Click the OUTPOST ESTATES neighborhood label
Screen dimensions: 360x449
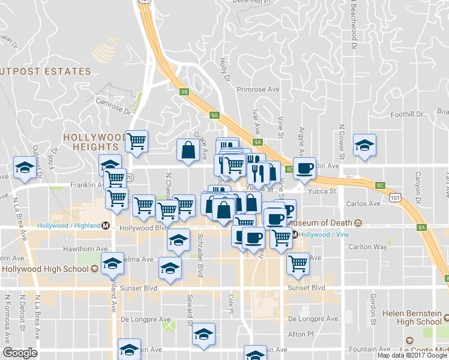click(46, 71)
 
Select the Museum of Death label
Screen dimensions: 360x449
click(323, 223)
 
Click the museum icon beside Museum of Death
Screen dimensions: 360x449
click(358, 223)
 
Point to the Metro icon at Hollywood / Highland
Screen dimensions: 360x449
click(106, 226)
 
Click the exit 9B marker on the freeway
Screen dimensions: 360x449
click(184, 92)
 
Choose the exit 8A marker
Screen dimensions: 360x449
click(421, 227)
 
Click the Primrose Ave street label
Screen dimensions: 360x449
click(258, 89)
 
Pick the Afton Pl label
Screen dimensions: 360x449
click(301, 334)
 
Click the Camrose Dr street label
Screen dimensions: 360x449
click(113, 106)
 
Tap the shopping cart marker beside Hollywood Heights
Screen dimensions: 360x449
click(137, 142)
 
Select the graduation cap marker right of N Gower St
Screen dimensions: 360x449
click(364, 146)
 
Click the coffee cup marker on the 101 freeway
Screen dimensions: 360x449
click(304, 169)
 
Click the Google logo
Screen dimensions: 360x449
click(20, 353)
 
